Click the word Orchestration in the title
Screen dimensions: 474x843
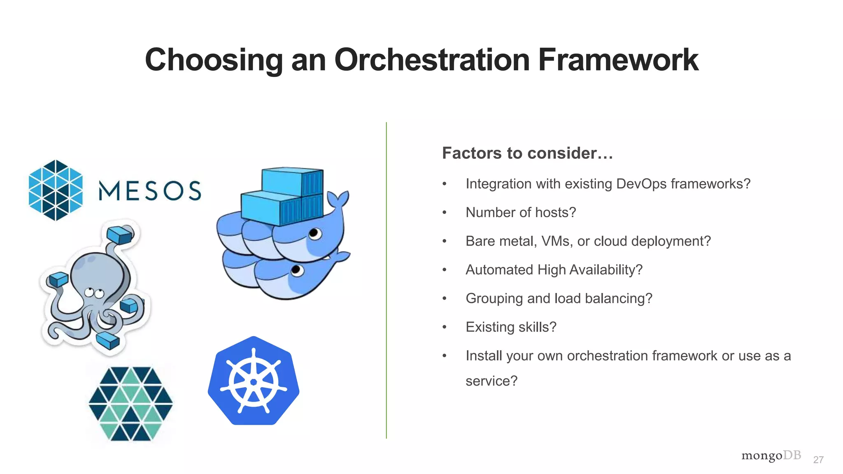pos(431,60)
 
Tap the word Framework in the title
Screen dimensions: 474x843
pos(618,60)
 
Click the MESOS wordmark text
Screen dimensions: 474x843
pos(150,191)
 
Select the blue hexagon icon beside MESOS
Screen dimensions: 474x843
pos(56,190)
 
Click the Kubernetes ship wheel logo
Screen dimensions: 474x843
pos(254,381)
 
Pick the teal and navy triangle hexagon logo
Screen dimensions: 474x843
pos(131,404)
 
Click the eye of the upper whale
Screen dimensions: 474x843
pos(315,234)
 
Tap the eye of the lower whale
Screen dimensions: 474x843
pos(297,270)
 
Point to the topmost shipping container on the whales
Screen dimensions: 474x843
pos(292,181)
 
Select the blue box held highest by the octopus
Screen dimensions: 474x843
pos(120,235)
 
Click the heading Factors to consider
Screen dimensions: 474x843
pos(527,153)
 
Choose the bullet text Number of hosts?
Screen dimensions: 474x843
pos(521,212)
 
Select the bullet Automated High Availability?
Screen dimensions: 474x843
pos(554,270)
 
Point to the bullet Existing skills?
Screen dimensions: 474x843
pos(511,327)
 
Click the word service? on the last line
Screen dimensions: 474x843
pos(491,381)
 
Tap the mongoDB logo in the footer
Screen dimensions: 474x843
pos(771,456)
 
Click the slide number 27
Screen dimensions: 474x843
pos(818,460)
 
